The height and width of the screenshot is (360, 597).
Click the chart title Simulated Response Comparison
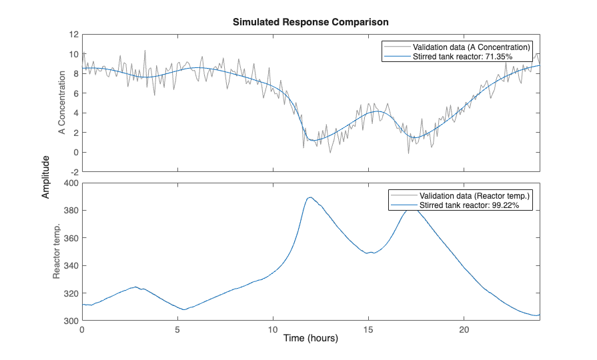310,22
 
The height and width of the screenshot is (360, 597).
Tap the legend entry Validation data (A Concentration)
471,47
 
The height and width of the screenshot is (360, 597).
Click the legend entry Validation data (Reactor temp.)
474,195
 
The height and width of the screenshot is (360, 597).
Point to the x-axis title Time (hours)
311,338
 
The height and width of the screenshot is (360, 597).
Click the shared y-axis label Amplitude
46,177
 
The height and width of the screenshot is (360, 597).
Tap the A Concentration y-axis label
62,103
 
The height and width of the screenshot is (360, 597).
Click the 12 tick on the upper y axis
73,34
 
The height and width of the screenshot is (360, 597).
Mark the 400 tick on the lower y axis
70,183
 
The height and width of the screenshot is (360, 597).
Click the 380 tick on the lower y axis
70,211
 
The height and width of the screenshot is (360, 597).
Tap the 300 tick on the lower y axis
70,321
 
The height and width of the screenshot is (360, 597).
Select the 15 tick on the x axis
368,329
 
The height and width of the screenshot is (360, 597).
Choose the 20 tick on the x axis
464,329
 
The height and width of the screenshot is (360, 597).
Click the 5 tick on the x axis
177,329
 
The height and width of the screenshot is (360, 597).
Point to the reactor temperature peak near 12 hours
310,197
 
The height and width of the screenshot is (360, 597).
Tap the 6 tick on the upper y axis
75,93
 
